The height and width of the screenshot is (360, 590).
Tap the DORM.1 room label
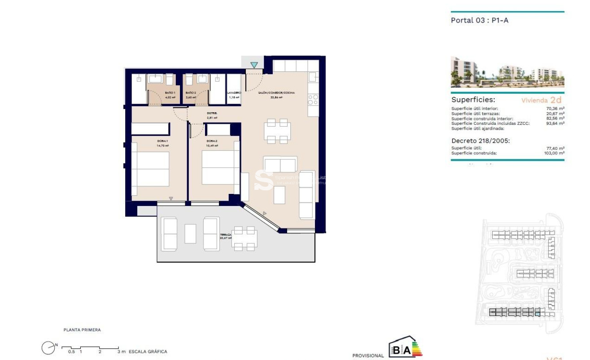(x=162, y=143)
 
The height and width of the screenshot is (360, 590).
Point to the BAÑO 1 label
(x=170, y=92)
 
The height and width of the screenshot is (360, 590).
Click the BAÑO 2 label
(x=191, y=92)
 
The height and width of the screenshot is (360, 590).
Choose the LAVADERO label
(x=234, y=93)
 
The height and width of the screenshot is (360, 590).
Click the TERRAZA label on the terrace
(x=225, y=235)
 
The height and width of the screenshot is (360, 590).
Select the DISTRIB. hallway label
(x=212, y=113)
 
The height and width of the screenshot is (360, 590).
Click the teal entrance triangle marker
(x=254, y=65)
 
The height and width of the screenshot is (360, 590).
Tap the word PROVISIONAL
(x=368, y=356)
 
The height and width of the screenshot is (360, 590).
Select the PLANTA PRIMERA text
(x=82, y=330)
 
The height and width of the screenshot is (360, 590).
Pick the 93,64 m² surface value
(x=556, y=123)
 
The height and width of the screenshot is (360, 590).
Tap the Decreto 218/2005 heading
(x=481, y=140)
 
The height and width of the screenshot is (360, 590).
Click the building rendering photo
(x=507, y=72)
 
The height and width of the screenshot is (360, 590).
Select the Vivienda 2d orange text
(x=542, y=100)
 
